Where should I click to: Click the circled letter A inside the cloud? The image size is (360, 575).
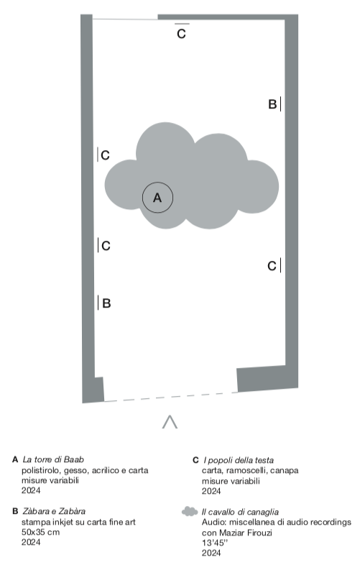pyautogui.click(x=157, y=198)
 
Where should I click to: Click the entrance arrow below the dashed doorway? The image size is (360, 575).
pyautogui.click(x=170, y=422)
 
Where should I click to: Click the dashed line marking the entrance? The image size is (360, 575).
pyautogui.click(x=170, y=397)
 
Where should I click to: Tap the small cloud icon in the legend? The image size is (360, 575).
pyautogui.click(x=190, y=511)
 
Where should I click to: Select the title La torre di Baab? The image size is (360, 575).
pyautogui.click(x=53, y=459)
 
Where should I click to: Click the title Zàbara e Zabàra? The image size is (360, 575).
pyautogui.click(x=54, y=511)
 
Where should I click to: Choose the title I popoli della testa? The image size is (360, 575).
pyautogui.click(x=239, y=460)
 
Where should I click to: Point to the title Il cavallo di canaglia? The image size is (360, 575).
pyautogui.click(x=240, y=512)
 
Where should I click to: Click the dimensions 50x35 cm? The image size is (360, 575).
pyautogui.click(x=40, y=532)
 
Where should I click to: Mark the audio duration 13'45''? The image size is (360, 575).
pyautogui.click(x=214, y=543)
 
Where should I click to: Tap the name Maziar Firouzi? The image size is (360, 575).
pyautogui.click(x=246, y=533)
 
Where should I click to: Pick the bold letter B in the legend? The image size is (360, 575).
pyautogui.click(x=15, y=511)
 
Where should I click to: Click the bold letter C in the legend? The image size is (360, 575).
pyautogui.click(x=195, y=460)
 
